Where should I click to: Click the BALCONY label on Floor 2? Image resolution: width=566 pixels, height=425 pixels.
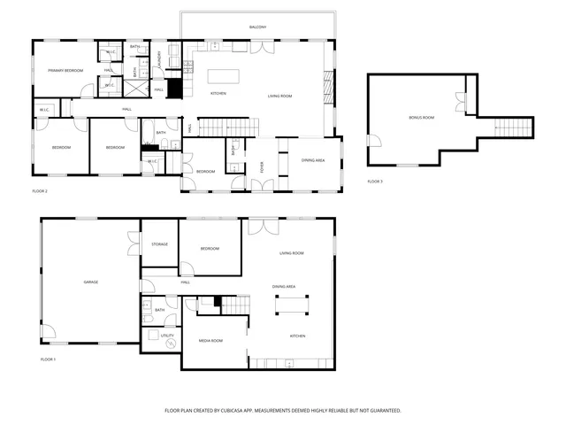257,27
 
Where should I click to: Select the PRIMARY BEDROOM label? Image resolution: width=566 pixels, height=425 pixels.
65,69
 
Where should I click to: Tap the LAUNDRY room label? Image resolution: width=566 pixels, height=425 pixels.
159,59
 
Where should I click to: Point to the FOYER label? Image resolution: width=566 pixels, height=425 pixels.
262,165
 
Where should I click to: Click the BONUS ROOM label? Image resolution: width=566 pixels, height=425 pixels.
421,117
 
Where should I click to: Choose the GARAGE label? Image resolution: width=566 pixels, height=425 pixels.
90,282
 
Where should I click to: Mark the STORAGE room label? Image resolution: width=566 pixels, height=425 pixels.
159,244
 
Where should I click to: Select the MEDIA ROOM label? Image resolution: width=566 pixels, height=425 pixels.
210,340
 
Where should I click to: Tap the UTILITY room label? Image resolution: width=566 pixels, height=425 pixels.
153,336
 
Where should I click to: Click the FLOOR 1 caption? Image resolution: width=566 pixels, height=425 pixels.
48,359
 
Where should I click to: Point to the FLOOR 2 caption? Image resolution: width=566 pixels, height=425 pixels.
39,190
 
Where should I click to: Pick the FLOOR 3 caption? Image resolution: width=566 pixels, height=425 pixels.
375,182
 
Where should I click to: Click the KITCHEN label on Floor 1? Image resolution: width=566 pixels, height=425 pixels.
298,336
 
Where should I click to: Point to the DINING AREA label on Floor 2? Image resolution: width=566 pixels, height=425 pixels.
312,160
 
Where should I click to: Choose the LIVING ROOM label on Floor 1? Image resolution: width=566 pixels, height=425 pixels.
292,253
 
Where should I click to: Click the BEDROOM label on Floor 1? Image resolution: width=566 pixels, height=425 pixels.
210,249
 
